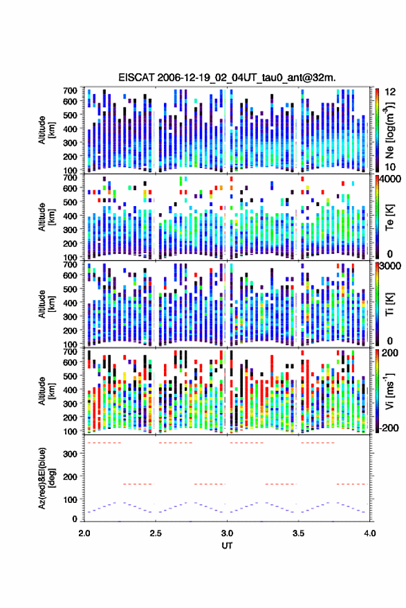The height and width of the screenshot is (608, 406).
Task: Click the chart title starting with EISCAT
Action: click(228, 77)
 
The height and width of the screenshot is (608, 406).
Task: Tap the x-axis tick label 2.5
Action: click(156, 533)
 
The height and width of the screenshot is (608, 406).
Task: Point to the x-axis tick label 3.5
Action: click(298, 533)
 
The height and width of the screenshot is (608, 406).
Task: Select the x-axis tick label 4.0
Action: click(369, 533)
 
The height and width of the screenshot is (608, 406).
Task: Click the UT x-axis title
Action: click(227, 546)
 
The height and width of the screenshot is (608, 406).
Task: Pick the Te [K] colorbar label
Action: click(389, 217)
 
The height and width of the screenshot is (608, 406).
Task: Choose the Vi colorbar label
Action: click(389, 391)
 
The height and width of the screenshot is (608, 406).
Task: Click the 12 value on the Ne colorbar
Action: click(390, 92)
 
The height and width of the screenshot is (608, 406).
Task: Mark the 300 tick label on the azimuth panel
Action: click(70, 454)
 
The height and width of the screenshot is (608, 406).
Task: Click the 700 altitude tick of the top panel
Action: click(70, 91)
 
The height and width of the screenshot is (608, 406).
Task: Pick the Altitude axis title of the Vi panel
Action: click(46, 391)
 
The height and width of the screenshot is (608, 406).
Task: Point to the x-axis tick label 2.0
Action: click(84, 533)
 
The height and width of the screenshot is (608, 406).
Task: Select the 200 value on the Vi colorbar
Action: click(390, 353)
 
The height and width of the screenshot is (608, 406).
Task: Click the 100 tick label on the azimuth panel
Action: click(70, 500)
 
